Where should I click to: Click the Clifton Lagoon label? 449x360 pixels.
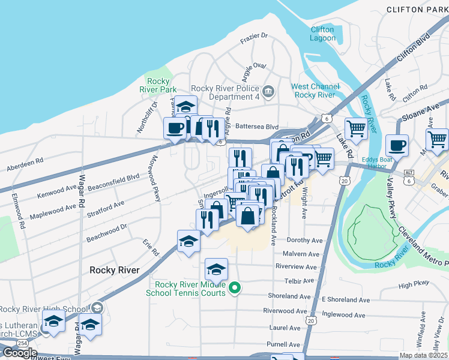323,34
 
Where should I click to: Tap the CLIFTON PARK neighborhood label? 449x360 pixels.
417,10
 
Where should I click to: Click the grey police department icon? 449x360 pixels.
268,92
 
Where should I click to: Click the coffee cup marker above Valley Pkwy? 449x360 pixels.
398,145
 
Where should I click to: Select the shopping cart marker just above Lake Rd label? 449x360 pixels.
357,128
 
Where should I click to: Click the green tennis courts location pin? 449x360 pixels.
235,289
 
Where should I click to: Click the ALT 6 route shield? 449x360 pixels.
408,176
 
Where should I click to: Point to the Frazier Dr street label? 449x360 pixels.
253,36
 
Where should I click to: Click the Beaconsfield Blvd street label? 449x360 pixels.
113,182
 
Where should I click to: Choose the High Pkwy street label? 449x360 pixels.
414,285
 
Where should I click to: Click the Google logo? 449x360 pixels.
19,353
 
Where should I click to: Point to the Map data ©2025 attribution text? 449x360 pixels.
424,355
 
